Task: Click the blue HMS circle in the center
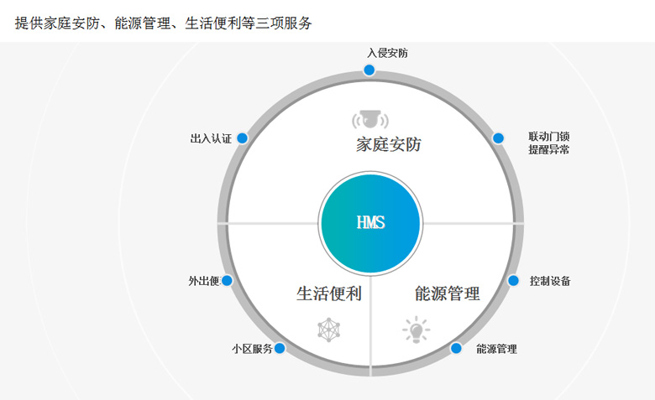click(x=370, y=223)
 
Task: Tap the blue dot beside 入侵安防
click(x=369, y=70)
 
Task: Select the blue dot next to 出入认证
click(x=243, y=138)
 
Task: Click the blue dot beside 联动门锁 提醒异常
click(x=498, y=138)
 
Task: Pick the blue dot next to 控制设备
click(x=513, y=280)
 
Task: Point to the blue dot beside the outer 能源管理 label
click(x=456, y=348)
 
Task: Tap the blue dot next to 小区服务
click(x=280, y=348)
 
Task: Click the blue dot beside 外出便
click(x=227, y=280)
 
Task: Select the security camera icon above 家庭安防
click(x=370, y=119)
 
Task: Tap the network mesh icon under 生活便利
click(x=328, y=330)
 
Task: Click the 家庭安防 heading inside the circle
click(x=389, y=145)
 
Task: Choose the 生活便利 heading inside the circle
click(x=329, y=294)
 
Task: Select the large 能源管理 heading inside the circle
click(x=448, y=294)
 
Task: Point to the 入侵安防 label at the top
click(x=387, y=53)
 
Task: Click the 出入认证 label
click(x=211, y=138)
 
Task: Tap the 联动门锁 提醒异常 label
click(x=549, y=143)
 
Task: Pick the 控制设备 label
click(x=550, y=281)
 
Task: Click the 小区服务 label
click(x=252, y=349)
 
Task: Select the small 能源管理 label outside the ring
click(x=496, y=349)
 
